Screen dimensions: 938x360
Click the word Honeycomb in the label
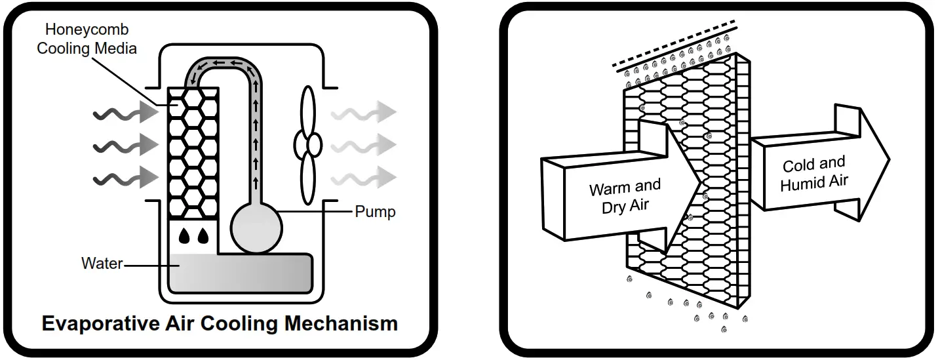[x=87, y=30]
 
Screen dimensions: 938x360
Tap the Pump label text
[x=375, y=212]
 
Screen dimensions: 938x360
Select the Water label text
[x=102, y=263]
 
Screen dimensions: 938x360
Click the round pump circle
[x=256, y=228]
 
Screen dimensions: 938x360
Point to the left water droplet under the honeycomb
[x=184, y=236]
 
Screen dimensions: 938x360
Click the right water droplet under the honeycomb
[x=203, y=236]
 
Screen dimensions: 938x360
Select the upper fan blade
[x=309, y=111]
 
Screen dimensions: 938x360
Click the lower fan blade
[x=308, y=178]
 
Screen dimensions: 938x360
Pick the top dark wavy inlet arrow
[x=126, y=113]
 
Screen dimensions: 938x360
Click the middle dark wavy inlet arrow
[x=126, y=145]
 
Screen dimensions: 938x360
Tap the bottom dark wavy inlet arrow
[x=126, y=177]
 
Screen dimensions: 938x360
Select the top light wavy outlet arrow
[x=364, y=112]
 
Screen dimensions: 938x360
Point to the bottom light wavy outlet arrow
[x=364, y=177]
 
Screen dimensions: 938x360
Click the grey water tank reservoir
[x=241, y=273]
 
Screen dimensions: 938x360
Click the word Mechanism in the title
[x=341, y=323]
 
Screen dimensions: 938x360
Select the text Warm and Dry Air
[x=625, y=196]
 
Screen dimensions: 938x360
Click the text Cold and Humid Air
[x=814, y=174]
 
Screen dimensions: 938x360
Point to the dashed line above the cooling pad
[x=674, y=43]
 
